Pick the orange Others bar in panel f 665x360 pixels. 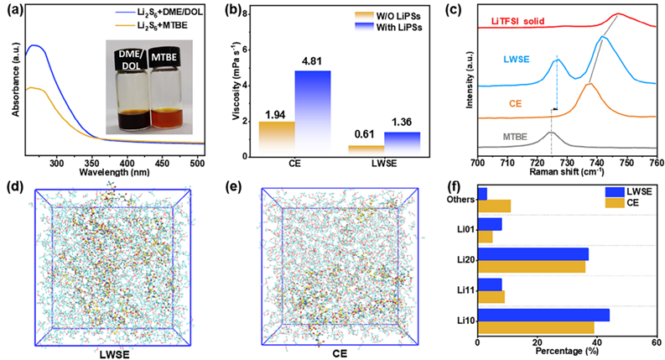pyautogui.click(x=494, y=205)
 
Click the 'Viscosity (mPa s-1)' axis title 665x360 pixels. pyautogui.click(x=232, y=86)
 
